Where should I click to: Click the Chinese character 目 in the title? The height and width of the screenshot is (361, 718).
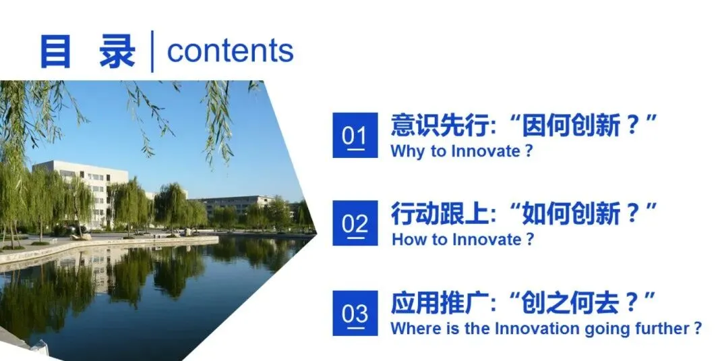(x=56, y=51)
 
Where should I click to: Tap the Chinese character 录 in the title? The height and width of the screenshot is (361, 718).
(x=118, y=51)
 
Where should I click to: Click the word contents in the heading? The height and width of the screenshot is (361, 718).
(x=230, y=51)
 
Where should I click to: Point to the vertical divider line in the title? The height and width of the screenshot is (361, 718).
(x=152, y=51)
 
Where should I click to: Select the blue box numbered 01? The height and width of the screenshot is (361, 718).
(x=355, y=135)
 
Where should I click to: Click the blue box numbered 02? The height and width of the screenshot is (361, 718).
(x=355, y=223)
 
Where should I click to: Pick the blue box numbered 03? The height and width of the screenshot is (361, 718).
(x=355, y=313)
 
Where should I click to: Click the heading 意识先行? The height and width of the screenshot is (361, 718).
(x=439, y=125)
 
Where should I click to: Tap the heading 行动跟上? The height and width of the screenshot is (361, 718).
(x=439, y=213)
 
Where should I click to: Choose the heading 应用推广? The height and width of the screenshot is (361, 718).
(x=439, y=303)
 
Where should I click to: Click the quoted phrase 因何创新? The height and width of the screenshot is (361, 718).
(x=571, y=125)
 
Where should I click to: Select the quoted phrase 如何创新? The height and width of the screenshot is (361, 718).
(x=571, y=213)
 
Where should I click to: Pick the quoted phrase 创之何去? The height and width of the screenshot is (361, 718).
(x=571, y=303)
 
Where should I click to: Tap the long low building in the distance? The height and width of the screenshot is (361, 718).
(x=238, y=205)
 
